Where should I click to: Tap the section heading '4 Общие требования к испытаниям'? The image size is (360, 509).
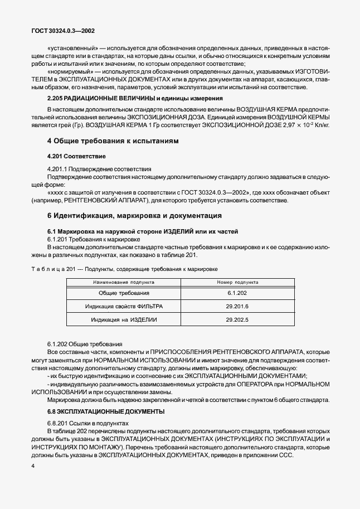[113, 142]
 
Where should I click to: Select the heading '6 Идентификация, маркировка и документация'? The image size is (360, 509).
[127, 216]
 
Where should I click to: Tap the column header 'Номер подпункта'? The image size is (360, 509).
[237, 283]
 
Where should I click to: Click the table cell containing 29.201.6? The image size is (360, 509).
[237, 307]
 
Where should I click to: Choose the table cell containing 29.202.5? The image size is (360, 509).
[237, 321]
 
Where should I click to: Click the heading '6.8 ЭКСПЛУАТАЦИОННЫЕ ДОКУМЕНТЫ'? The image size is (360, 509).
[106, 411]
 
